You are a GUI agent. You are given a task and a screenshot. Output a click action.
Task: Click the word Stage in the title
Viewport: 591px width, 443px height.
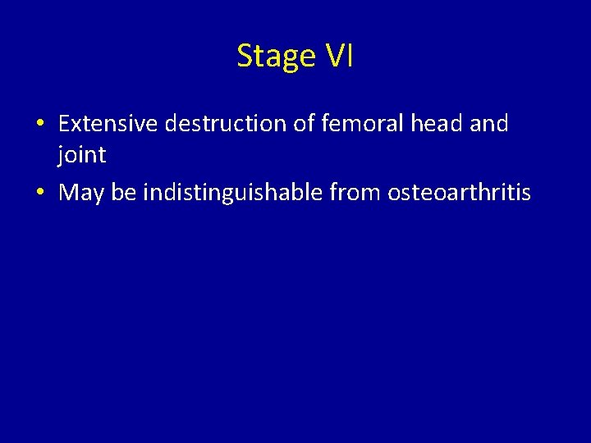[276, 56]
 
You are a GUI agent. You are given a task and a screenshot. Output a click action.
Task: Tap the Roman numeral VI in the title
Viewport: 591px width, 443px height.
[339, 56]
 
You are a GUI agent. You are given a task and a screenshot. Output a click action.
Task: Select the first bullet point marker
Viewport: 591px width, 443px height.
[39, 125]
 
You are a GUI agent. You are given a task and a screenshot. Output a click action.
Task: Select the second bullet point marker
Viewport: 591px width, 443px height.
[39, 194]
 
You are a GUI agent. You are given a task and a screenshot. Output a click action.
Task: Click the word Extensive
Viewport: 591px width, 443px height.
[109, 124]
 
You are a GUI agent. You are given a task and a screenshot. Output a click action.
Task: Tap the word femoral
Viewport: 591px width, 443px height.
[354, 124]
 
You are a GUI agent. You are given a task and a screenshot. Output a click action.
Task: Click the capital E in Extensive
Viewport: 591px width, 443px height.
[64, 124]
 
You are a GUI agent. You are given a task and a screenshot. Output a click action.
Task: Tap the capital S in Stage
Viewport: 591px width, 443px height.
[245, 56]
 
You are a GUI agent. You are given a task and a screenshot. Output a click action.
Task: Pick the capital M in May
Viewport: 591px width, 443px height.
[69, 193]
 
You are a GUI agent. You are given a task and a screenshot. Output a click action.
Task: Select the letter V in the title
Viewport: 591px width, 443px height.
[334, 56]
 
